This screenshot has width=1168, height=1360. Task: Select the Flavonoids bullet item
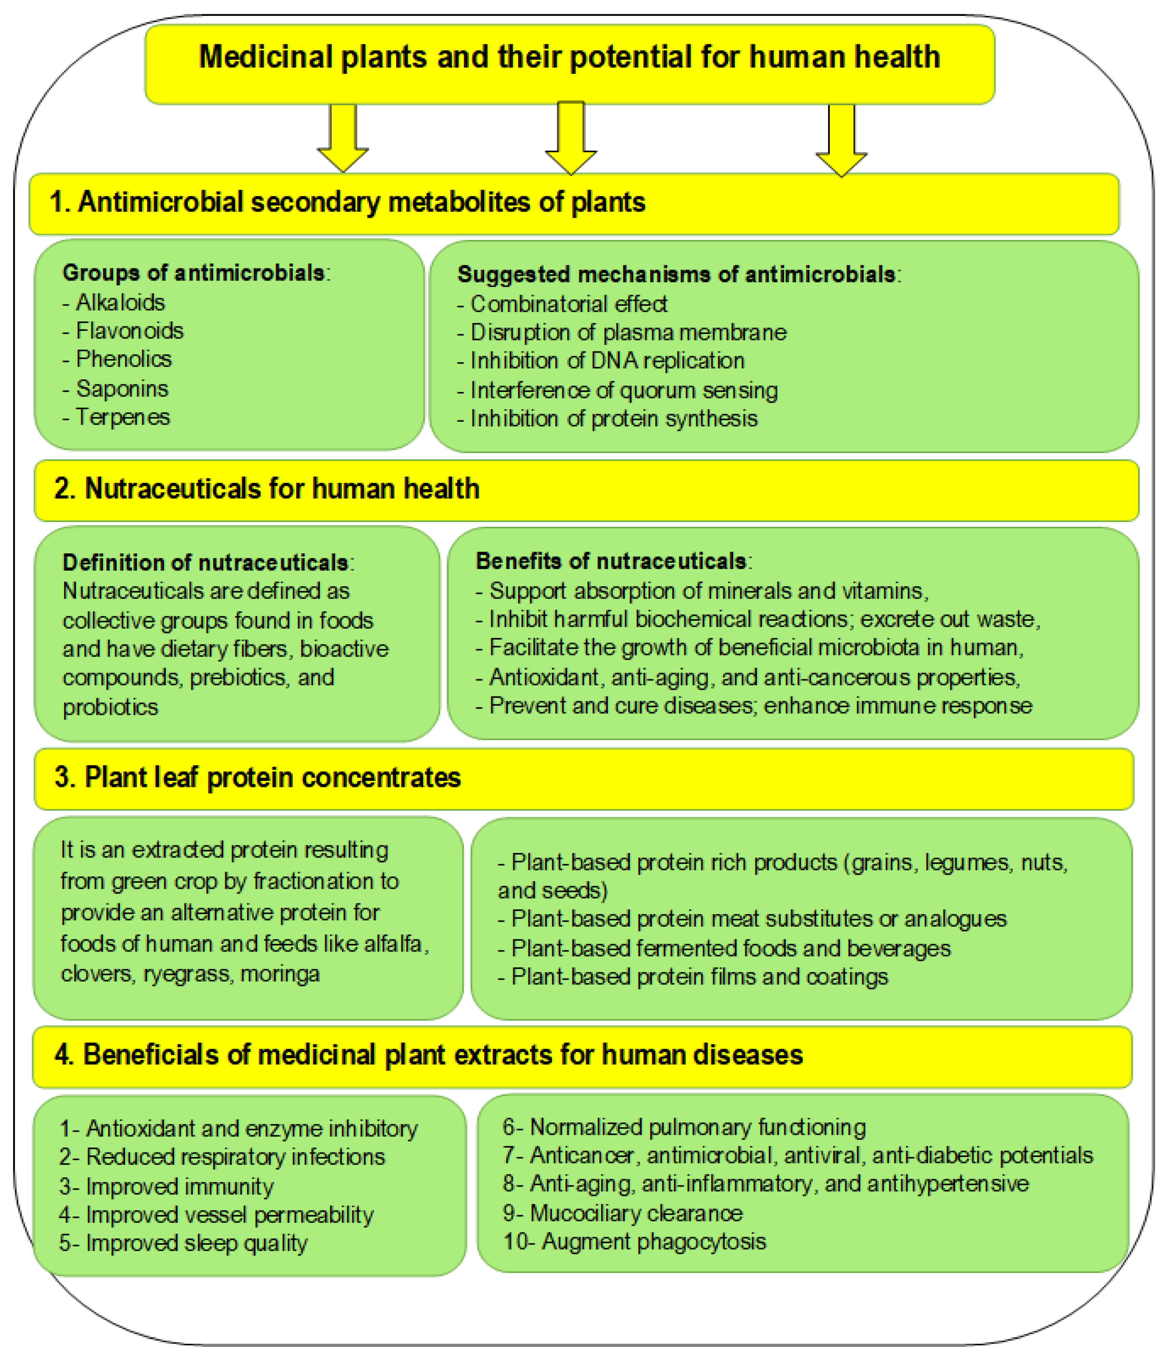pyautogui.click(x=129, y=331)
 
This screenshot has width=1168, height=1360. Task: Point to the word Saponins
pyautogui.click(x=122, y=389)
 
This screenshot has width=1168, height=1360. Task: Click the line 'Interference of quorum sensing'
pyautogui.click(x=623, y=391)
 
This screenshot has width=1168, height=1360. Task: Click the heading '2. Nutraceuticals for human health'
pyautogui.click(x=266, y=489)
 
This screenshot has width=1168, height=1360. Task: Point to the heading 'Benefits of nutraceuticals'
pyautogui.click(x=610, y=561)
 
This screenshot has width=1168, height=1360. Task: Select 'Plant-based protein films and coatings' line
pyautogui.click(x=699, y=977)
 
